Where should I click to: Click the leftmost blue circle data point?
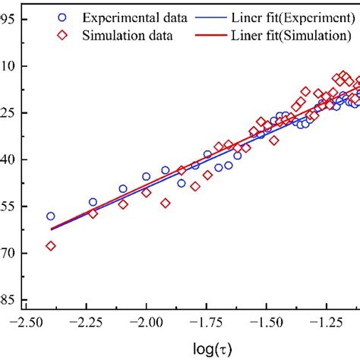pos(51,216)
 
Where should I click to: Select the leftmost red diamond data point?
pos(51,245)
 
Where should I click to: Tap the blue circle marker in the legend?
pos(62,17)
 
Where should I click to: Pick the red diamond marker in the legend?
pos(62,35)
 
